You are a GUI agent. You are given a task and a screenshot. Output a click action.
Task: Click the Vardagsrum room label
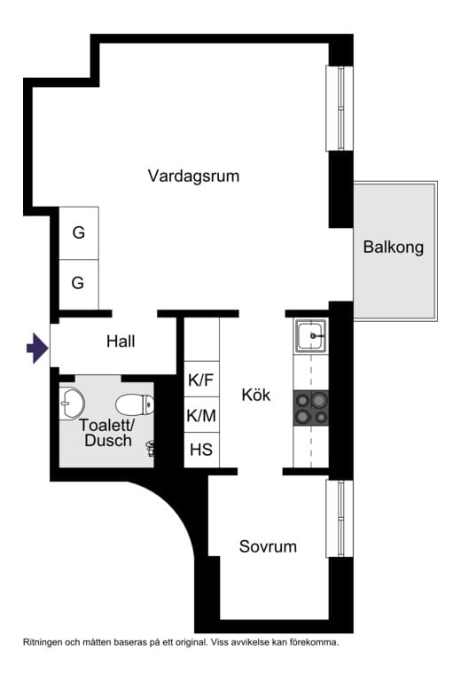pyautogui.click(x=193, y=176)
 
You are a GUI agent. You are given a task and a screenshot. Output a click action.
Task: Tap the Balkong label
pyautogui.click(x=393, y=247)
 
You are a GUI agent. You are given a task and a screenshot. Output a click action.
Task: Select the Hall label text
pyautogui.click(x=121, y=341)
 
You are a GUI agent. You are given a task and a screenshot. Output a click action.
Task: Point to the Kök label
pyautogui.click(x=255, y=395)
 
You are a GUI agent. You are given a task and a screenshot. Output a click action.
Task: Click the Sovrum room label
pyautogui.click(x=268, y=546)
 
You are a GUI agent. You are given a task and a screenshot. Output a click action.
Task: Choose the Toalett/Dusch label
pyautogui.click(x=105, y=433)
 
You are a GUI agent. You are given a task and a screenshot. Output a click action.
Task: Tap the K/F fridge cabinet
pyautogui.click(x=201, y=381)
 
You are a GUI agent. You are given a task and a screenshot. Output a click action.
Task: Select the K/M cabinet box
pyautogui.click(x=201, y=415)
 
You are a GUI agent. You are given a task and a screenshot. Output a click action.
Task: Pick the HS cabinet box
pyautogui.click(x=201, y=450)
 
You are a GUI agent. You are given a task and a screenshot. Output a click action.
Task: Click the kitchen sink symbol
pyautogui.click(x=311, y=336)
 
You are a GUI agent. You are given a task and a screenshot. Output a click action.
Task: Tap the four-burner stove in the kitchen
pyautogui.click(x=311, y=407)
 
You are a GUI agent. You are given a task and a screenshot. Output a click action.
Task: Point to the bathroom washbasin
pyautogui.click(x=70, y=404)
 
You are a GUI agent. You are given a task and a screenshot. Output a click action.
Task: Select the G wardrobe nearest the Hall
pyautogui.click(x=78, y=283)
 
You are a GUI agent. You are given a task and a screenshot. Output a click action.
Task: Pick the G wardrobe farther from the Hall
pyautogui.click(x=78, y=233)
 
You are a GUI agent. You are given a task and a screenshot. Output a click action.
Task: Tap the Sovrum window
pyautogui.click(x=340, y=519)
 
